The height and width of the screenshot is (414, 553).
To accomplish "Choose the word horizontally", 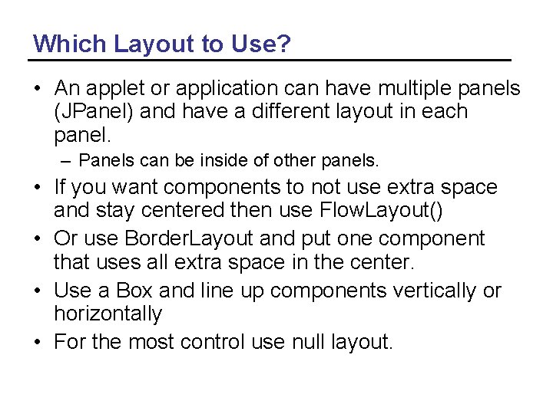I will tap(108, 314).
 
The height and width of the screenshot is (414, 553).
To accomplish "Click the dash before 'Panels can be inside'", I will tap(66, 161).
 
